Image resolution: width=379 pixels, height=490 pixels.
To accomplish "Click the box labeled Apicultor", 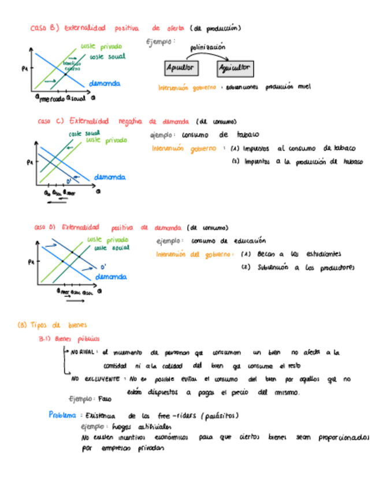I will (x=179, y=68).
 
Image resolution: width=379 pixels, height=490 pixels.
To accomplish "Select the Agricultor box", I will (x=235, y=68).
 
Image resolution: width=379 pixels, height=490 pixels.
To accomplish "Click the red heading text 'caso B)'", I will (x=44, y=28).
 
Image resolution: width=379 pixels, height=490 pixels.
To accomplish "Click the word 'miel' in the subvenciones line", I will (x=304, y=87).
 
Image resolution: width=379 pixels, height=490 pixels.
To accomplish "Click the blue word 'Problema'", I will (x=62, y=415).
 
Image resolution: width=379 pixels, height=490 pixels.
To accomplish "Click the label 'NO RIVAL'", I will (x=83, y=352).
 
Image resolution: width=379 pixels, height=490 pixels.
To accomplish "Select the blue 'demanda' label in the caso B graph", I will (x=105, y=84).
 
